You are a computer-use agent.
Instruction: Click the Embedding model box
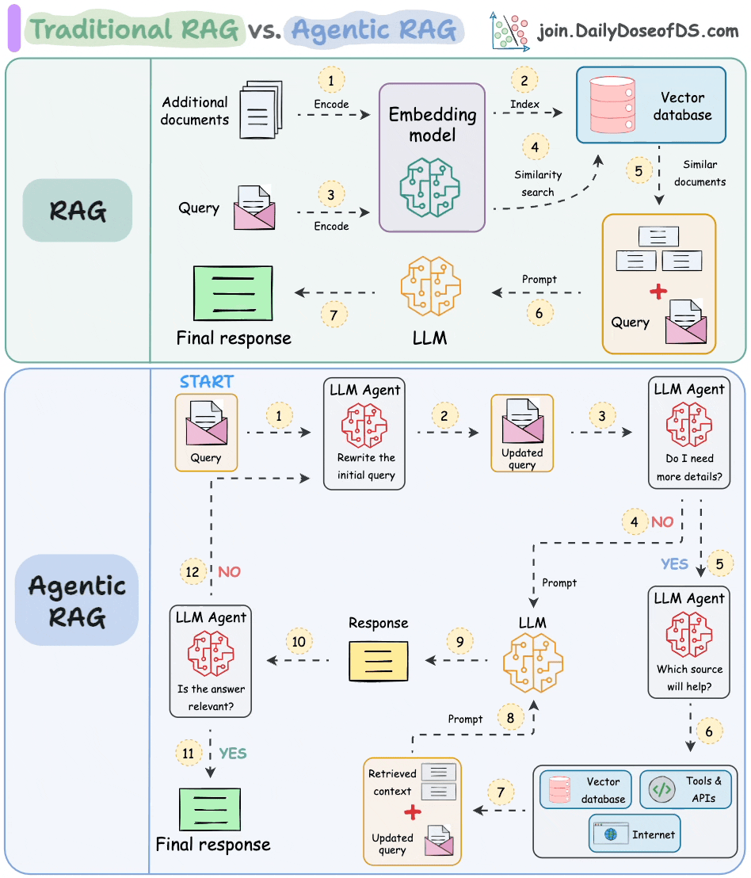pos(432,157)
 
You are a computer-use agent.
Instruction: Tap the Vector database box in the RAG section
pos(650,105)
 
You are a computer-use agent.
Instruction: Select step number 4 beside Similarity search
pos(536,147)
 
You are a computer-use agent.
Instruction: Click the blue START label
pos(206,381)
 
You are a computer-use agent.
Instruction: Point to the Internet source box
pos(634,834)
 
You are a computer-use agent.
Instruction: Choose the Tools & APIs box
pos(686,790)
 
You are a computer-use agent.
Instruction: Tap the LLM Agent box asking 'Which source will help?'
pos(688,642)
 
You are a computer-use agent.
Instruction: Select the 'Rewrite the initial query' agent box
pos(365,433)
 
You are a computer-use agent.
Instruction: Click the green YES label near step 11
pos(233,754)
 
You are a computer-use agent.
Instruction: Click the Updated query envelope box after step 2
pos(522,433)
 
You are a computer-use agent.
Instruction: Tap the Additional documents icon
pos(261,110)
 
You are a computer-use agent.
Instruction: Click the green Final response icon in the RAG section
pos(233,293)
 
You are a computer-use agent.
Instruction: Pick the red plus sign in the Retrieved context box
pos(412,812)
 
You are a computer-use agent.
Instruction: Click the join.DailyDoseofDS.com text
pos(637,32)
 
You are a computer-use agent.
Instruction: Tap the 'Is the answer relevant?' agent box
pos(211,661)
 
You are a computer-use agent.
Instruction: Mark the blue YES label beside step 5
pos(675,564)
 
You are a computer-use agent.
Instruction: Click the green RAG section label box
pos(77,210)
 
